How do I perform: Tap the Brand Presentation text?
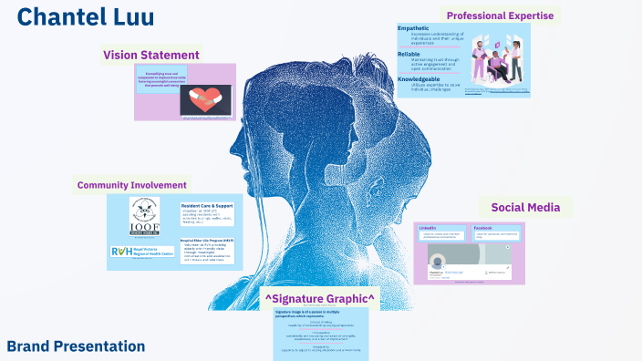(x=76, y=346)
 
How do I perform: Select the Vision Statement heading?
(x=151, y=55)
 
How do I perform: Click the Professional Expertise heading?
(x=500, y=15)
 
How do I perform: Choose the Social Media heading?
(x=525, y=207)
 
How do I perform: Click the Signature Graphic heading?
(x=320, y=298)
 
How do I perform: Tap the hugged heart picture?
(x=205, y=100)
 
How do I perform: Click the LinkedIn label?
(x=427, y=227)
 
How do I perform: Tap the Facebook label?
(x=483, y=227)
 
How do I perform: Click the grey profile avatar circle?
(x=440, y=260)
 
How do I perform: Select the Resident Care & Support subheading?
(x=210, y=206)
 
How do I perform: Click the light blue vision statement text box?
(x=161, y=78)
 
